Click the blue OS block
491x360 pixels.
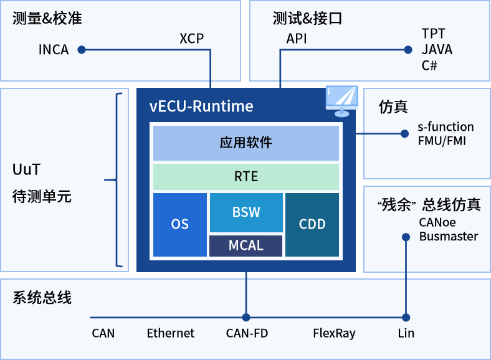(180, 225)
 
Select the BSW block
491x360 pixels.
(246, 212)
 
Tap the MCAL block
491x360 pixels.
(246, 245)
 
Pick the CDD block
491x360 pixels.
(312, 225)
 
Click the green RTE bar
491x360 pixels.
(246, 177)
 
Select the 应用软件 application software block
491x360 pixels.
(246, 143)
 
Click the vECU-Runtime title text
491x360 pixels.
(201, 106)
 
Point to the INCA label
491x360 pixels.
(54, 50)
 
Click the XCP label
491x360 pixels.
(191, 39)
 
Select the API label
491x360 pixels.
(297, 39)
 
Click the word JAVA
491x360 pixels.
(437, 50)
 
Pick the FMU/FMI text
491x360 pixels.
(442, 141)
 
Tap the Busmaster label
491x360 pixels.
(449, 236)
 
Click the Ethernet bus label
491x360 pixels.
(171, 333)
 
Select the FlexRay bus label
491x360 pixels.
(334, 333)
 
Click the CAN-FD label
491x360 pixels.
(247, 333)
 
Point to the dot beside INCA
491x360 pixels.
(81, 50)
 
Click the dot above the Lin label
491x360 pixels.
(406, 317)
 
